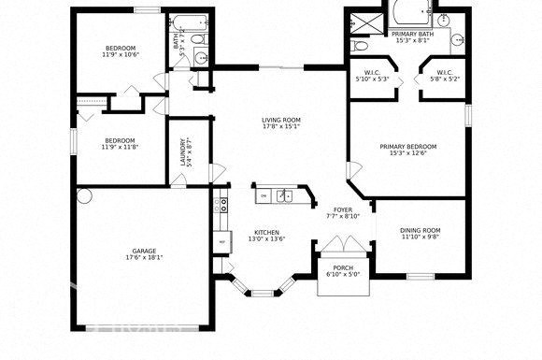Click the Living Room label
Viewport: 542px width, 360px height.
[279, 120]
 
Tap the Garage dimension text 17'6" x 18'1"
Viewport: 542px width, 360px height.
[143, 256]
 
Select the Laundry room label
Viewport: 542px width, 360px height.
[182, 151]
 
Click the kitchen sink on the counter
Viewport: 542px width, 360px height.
[284, 195]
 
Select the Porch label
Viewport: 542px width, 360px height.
[343, 268]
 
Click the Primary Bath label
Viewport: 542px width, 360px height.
[412, 34]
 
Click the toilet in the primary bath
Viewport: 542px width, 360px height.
[360, 45]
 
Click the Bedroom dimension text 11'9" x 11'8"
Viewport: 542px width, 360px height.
[120, 146]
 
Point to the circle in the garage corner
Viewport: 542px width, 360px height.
[85, 196]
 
